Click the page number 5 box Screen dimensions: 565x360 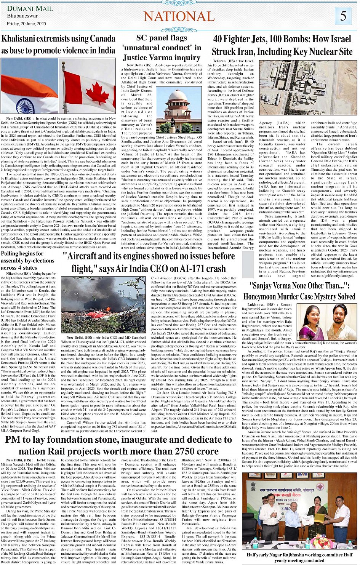coord(343,16)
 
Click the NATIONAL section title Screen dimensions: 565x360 coord(179,16)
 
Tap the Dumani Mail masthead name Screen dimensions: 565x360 coord(30,8)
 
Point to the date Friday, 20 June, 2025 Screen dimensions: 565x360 coord(26,24)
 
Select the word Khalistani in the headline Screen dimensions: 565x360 coord(21,39)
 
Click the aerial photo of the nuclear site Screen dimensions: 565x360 coord(308,87)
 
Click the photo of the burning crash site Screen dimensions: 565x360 coord(103,305)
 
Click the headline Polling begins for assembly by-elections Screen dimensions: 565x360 coord(27,261)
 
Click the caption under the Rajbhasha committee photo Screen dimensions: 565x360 coord(299,557)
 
